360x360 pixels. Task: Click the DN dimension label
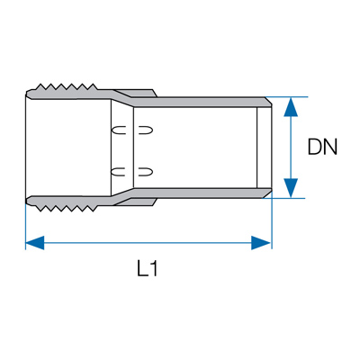pyautogui.click(x=323, y=147)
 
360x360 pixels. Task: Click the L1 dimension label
pyautogui.click(x=148, y=268)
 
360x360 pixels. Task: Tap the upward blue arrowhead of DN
pyautogui.click(x=291, y=107)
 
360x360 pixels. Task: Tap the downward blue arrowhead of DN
pyautogui.click(x=291, y=188)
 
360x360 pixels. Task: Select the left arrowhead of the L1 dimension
pyautogui.click(x=35, y=243)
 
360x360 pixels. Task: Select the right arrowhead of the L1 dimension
pyautogui.click(x=261, y=243)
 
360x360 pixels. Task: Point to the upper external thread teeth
pyautogui.click(x=67, y=86)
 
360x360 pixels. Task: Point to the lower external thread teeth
pyautogui.click(x=67, y=209)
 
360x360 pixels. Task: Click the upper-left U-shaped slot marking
pyautogui.click(x=119, y=130)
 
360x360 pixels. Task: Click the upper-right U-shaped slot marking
pyautogui.click(x=146, y=130)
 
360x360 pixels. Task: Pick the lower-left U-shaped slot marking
pyautogui.click(x=119, y=172)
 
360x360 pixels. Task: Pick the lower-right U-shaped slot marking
pyautogui.click(x=146, y=172)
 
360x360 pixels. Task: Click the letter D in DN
pyautogui.click(x=315, y=147)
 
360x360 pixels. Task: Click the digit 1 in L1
pyautogui.click(x=153, y=268)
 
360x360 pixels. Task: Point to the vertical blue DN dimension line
pyautogui.click(x=291, y=148)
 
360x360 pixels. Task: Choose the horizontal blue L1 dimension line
pyautogui.click(x=148, y=243)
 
